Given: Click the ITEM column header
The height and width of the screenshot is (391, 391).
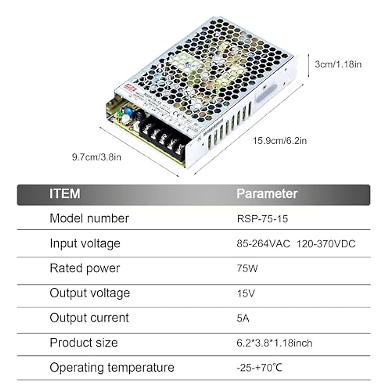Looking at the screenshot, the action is click(x=65, y=194).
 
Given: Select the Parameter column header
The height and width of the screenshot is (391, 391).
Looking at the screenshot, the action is click(x=267, y=194).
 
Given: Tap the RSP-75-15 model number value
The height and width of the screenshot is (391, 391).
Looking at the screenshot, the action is click(x=262, y=219).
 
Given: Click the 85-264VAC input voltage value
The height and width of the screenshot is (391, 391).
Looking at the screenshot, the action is click(x=263, y=244).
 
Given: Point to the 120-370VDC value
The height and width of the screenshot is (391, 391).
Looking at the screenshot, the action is click(x=326, y=244).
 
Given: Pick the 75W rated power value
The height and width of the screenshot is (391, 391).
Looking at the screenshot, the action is click(x=247, y=268).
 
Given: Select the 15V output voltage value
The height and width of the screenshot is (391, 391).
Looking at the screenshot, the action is click(x=246, y=294).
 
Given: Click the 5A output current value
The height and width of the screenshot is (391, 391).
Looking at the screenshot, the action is click(x=243, y=318).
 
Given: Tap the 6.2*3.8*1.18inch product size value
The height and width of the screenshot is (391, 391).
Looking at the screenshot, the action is click(x=274, y=343).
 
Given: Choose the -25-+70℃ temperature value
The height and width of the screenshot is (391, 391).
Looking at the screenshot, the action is click(x=259, y=368).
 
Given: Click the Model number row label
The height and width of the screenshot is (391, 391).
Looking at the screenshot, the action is click(x=89, y=218).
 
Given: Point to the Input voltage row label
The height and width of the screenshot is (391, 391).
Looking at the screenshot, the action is click(x=85, y=243).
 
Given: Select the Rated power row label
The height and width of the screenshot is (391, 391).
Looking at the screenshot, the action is click(x=85, y=268).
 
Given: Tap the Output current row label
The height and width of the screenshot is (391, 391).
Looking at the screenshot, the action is click(x=89, y=318).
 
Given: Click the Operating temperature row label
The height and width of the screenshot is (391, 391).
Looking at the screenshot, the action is click(x=112, y=368).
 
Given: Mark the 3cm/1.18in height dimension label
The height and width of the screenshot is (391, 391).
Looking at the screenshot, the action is click(x=338, y=64).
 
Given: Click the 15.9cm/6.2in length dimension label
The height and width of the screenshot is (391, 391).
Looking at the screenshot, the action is click(x=280, y=141).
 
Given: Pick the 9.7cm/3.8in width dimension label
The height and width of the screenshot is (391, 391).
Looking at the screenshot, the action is click(x=96, y=157).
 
